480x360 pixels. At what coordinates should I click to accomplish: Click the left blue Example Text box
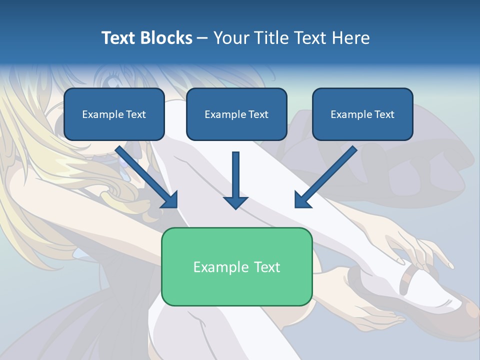coord(114,114)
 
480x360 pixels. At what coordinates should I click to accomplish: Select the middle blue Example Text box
coord(236,114)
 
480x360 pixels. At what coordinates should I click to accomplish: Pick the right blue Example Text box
coord(362,114)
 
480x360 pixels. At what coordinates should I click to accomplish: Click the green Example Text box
coord(236,266)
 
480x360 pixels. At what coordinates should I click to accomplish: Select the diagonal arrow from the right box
coord(325,177)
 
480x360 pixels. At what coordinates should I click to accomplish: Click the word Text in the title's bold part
coord(118,38)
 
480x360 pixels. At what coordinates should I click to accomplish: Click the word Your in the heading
coord(230,38)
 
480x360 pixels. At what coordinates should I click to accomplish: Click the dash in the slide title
coord(202,38)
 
